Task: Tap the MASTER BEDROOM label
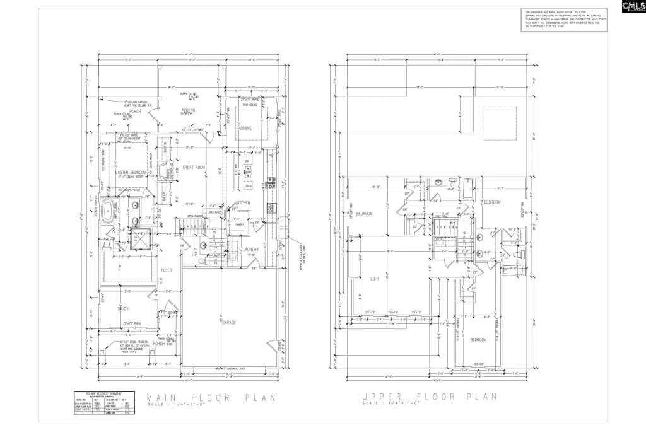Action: coord(131,172)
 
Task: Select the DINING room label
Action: coord(245,128)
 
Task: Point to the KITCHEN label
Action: coord(244,202)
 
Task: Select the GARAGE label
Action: coord(228,322)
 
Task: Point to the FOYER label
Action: coord(167,270)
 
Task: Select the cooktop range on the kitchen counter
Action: coord(272,183)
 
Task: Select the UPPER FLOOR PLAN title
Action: coord(430,397)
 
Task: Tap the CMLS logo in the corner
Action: coord(633,7)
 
